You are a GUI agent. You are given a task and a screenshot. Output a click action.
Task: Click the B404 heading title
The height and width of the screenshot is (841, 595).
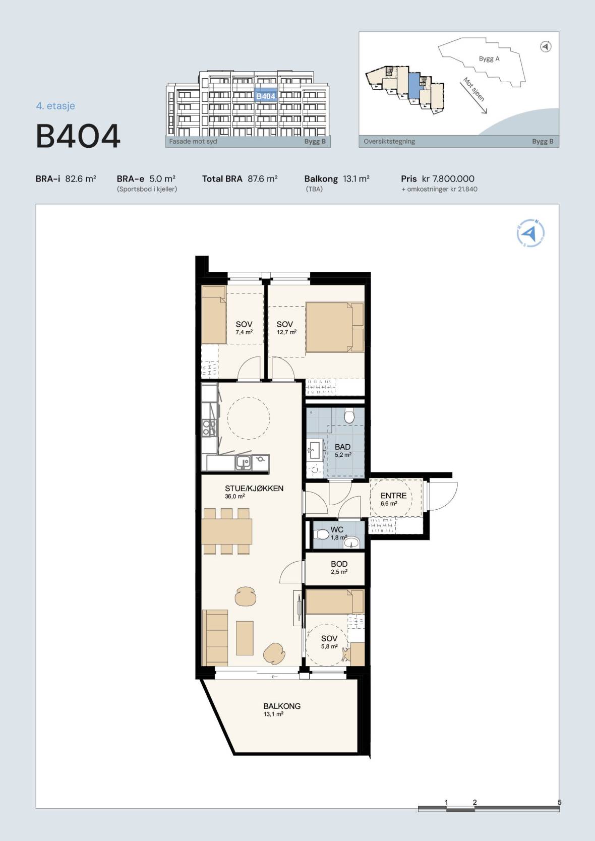coord(78,136)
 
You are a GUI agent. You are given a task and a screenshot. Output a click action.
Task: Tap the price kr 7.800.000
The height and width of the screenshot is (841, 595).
coord(448,178)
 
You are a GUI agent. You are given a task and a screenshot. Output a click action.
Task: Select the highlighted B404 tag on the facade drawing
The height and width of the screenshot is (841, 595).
coord(266,96)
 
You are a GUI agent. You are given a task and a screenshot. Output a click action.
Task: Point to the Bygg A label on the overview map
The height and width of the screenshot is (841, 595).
coord(489,58)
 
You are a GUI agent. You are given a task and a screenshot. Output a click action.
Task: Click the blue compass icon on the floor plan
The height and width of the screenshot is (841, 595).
coord(530,233)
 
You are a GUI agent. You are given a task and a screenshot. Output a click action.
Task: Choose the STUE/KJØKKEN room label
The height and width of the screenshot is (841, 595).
coord(254,489)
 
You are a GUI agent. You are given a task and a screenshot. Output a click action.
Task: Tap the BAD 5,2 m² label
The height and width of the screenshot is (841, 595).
coord(343,450)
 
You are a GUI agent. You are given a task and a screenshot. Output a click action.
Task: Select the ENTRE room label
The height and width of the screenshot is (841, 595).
coord(393,496)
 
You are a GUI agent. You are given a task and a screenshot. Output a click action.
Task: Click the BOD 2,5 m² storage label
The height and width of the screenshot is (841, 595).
coord(339,567)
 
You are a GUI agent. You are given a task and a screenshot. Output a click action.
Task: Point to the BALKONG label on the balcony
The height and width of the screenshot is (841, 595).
coord(282,706)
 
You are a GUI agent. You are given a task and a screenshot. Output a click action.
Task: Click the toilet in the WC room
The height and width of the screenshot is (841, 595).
coord(321,534)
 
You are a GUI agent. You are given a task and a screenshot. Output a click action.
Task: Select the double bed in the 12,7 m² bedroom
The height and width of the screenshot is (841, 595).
coord(334,327)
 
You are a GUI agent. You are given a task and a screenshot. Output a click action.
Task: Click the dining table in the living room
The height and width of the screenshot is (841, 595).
coord(227,531)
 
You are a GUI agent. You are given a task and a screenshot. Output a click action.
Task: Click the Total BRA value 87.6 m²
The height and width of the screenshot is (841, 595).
coord(262,178)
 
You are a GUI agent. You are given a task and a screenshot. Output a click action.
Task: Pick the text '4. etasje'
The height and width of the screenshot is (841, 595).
coord(55,106)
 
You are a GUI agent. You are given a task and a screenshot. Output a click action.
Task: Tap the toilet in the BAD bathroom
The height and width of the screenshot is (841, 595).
coord(349,415)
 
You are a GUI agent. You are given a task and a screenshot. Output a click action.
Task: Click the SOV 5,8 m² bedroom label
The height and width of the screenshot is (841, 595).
coord(329,642)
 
